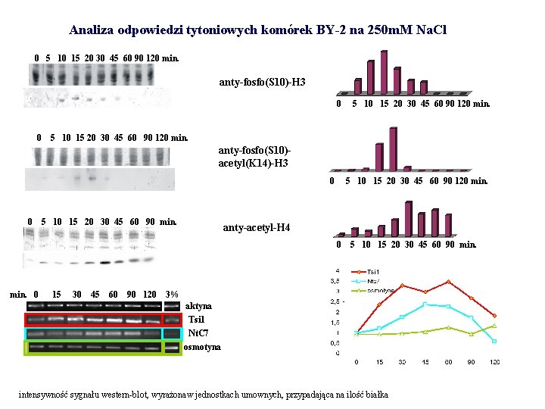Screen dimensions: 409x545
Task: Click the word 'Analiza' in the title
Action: (92, 31)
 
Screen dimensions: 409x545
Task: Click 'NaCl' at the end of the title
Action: (430, 31)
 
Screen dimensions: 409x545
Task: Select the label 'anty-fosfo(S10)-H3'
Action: (263, 80)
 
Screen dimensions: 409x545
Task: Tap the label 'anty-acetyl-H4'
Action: (256, 228)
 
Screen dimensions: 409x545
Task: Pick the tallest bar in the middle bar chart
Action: (392, 150)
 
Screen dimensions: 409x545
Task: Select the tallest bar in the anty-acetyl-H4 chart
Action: (409, 219)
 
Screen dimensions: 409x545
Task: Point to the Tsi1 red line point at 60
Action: (449, 282)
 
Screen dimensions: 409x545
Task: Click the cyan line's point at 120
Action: (494, 341)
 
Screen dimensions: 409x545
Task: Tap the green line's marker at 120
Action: (494, 326)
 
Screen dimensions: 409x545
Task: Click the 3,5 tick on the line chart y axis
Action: (332, 280)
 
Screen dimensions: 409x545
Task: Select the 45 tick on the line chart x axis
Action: (425, 362)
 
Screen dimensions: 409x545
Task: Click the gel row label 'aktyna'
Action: (198, 305)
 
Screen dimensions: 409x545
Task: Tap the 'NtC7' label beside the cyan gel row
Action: (198, 333)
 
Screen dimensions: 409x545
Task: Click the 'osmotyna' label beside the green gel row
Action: (202, 347)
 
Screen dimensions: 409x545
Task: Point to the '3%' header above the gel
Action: (172, 294)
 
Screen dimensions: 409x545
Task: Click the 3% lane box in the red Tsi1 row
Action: (173, 320)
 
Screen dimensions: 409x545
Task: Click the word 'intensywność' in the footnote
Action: (45, 395)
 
